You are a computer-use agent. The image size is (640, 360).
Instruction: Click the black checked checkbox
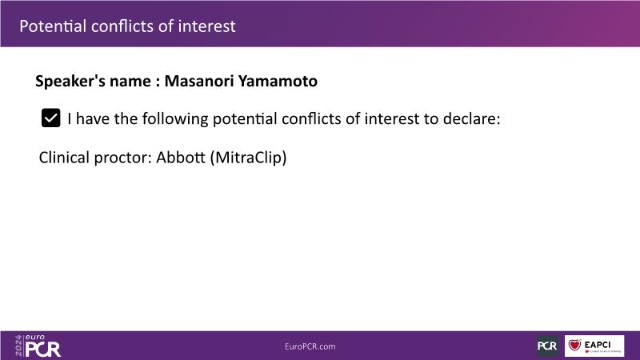[x=50, y=118]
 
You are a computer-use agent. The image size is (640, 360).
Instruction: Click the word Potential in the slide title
[x=53, y=26]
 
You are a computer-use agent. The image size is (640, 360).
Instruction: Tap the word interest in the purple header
[x=206, y=26]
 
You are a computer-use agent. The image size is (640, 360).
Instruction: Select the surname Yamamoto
[x=278, y=81]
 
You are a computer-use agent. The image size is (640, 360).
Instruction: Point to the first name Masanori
[x=199, y=81]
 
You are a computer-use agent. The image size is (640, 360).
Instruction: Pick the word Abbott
[x=181, y=157]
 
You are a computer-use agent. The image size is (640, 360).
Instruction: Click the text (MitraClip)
[x=248, y=158]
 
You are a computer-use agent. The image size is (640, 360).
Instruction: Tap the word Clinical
[x=64, y=157]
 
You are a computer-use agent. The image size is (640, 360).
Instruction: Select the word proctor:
[x=123, y=158]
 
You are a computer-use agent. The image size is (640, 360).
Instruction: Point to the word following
[x=175, y=119]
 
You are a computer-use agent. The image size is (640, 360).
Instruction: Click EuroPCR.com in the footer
[x=310, y=346]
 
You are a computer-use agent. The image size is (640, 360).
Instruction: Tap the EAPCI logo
[x=594, y=346]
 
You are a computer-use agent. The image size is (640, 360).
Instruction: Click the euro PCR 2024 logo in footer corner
[x=38, y=346]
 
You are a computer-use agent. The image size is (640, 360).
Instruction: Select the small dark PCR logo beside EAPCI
[x=547, y=346]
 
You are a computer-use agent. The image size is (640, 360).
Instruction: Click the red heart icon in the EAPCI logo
[x=574, y=345]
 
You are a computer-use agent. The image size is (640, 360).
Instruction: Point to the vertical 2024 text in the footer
[x=18, y=346]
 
